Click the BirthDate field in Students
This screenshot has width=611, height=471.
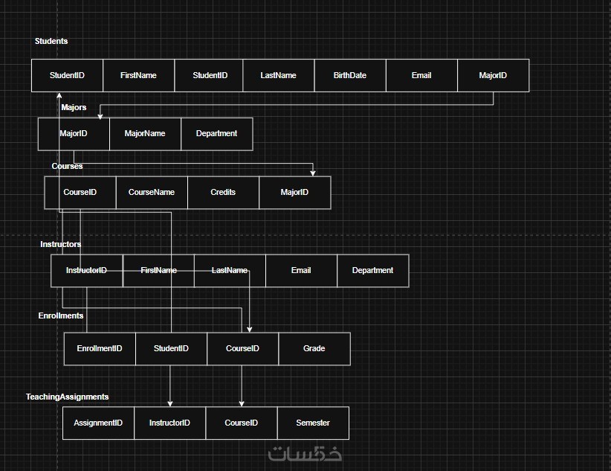coord(349,75)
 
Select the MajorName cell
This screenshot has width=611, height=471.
coord(145,134)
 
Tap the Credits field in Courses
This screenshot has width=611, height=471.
coord(223,192)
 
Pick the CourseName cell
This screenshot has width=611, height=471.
coord(152,192)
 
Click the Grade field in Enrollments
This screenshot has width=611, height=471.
coord(314,348)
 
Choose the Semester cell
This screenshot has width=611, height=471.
coord(312,423)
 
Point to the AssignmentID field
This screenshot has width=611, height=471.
coord(98,423)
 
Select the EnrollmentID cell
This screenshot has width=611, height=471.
coord(100,348)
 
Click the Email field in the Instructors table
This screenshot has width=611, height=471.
coord(301,270)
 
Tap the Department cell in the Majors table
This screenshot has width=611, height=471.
coord(216,134)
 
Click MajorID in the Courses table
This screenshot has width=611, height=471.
coord(294,192)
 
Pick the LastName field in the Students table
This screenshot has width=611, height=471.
coord(278,75)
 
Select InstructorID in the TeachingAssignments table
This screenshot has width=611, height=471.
coord(169,423)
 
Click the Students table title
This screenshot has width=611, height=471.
coord(51,41)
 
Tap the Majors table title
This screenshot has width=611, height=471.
coord(74,107)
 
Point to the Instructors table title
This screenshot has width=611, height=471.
coord(61,244)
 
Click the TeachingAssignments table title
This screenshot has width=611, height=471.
coord(67,397)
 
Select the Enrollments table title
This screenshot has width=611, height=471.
coord(61,315)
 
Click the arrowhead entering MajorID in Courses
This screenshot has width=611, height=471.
coord(314,173)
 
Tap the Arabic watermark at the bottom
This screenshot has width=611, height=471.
coord(305,452)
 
